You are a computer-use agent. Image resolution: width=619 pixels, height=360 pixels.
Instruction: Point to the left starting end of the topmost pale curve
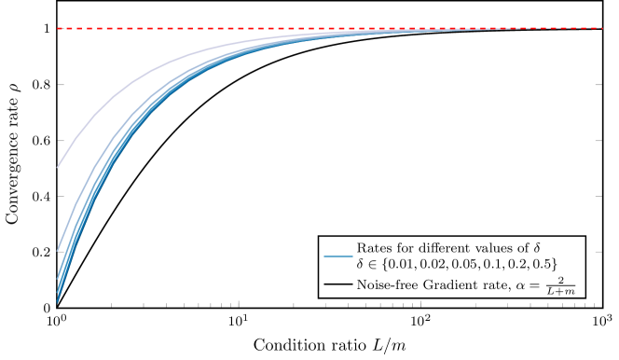58,168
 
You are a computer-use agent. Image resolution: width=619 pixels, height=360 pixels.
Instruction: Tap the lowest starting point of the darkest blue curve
58,301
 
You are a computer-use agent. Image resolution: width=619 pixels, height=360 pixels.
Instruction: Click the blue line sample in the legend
337,256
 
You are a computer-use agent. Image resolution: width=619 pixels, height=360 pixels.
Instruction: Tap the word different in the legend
437,248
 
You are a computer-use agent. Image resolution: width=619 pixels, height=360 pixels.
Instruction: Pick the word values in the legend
499,248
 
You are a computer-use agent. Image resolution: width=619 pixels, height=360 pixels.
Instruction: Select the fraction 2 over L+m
559,285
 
